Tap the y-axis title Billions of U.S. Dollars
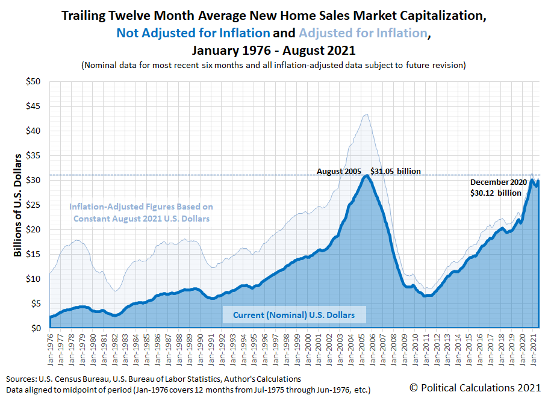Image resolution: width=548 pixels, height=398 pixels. point(17,205)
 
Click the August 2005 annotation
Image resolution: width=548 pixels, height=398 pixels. point(339,172)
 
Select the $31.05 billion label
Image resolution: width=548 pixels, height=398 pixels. point(395,172)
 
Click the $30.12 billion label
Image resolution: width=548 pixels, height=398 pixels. point(496,193)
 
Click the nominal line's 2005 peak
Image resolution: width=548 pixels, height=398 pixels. point(366,175)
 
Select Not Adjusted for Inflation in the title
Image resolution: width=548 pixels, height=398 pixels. point(193,33)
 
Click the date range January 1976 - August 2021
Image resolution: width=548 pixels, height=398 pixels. point(274,50)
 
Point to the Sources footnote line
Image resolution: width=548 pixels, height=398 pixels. point(154,379)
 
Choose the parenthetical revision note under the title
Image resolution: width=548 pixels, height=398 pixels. point(274,65)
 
